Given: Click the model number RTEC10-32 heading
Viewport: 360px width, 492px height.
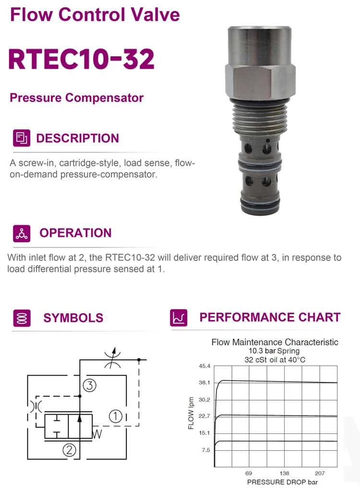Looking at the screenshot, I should pyautogui.click(x=82, y=59).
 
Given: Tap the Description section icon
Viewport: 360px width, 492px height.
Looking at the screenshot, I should pyautogui.click(x=22, y=138).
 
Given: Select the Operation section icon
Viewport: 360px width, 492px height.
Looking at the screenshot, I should pyautogui.click(x=22, y=233).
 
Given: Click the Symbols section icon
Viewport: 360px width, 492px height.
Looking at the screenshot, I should pyautogui.click(x=22, y=318).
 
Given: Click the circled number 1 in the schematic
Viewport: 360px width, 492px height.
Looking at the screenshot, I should pyautogui.click(x=116, y=416).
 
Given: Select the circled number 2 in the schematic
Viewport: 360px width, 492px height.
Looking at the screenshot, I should pyautogui.click(x=70, y=450).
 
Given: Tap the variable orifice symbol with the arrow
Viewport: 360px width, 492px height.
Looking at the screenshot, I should pyautogui.click(x=112, y=359).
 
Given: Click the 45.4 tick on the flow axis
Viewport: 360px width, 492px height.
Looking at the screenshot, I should pyautogui.click(x=204, y=366).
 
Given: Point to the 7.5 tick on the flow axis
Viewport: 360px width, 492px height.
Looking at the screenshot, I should pyautogui.click(x=205, y=450).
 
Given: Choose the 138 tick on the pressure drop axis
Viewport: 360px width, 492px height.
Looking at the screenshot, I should pyautogui.click(x=284, y=473).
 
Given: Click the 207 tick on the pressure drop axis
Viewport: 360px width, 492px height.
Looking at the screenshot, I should pyautogui.click(x=320, y=473).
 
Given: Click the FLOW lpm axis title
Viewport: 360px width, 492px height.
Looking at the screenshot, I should pyautogui.click(x=191, y=413).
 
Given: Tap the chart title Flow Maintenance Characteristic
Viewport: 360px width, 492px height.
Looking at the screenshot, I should pyautogui.click(x=275, y=342).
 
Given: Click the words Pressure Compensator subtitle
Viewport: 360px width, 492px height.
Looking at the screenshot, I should pyautogui.click(x=77, y=98).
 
